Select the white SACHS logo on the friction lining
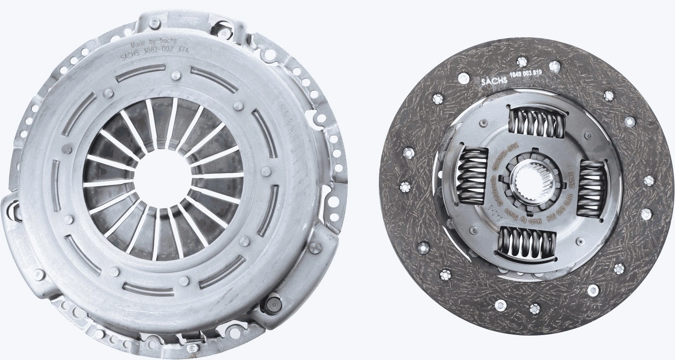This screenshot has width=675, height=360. [x=493, y=81]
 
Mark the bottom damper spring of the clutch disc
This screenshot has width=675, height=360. [x=527, y=242]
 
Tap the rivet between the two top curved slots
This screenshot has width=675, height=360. [x=175, y=75]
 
